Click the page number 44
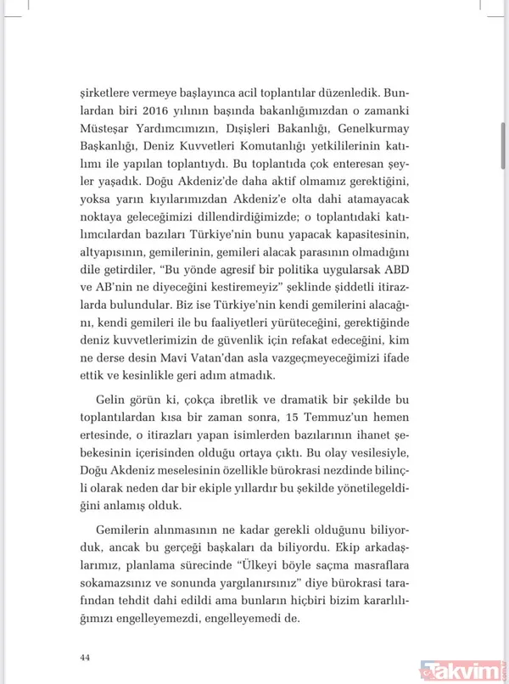pos(84,658)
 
